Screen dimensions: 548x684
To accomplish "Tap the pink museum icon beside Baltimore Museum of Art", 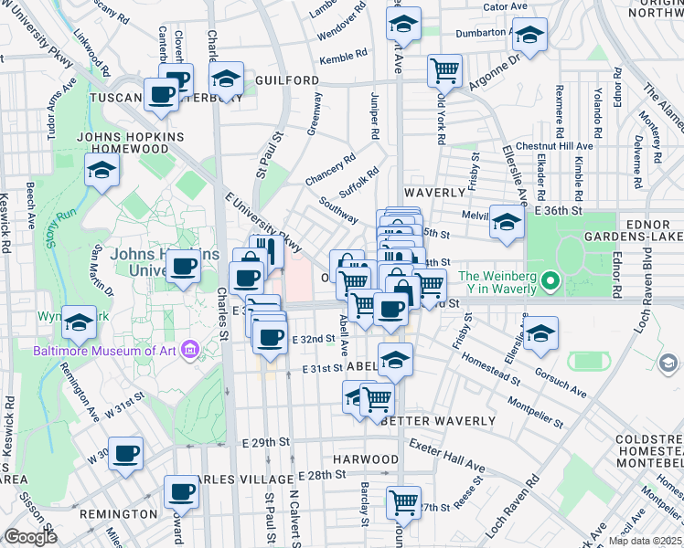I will pos(188,349).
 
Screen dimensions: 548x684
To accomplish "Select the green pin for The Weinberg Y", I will pos(550,279).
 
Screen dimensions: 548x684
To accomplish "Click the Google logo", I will pos(30,537).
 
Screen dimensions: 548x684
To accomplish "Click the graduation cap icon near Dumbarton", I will pos(529,37).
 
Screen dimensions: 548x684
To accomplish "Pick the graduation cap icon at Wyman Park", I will pos(80,321).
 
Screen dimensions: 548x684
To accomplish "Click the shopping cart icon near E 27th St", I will pos(403,501).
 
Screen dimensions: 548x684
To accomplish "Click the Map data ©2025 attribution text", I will pos(646,541).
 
